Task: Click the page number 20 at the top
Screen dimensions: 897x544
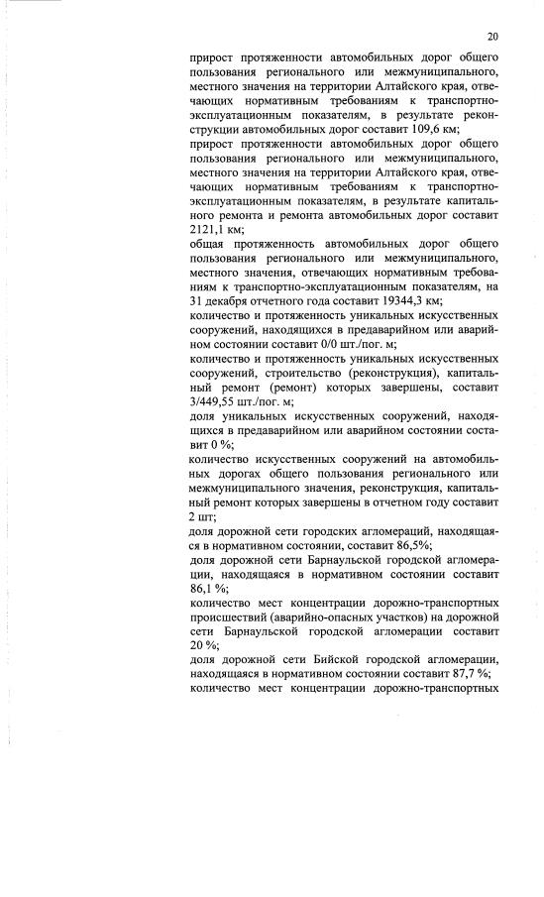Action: point(491,37)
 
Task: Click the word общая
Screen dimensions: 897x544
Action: point(209,244)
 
